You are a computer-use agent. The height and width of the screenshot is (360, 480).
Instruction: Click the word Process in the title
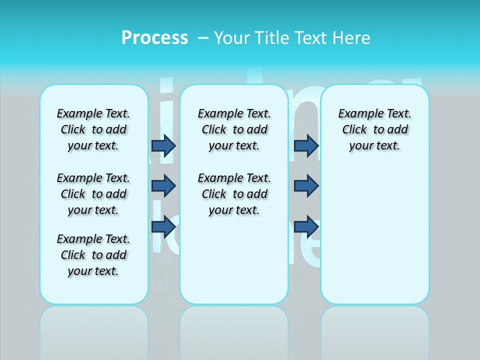(x=154, y=38)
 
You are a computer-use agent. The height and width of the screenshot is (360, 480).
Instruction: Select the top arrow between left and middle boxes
(x=163, y=146)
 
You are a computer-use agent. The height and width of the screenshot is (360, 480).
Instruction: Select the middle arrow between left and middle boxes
(x=163, y=186)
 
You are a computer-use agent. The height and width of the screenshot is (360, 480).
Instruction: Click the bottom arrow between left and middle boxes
(x=163, y=227)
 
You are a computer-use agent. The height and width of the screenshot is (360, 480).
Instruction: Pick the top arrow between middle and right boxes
(x=306, y=146)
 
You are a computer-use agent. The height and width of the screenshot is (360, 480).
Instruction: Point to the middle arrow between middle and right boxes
(x=306, y=186)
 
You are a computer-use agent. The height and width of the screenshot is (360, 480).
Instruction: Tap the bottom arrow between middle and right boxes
(x=306, y=227)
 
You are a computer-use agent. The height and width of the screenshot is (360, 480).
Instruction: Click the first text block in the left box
(x=93, y=130)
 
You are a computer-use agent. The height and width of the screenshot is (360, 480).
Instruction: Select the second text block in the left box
(x=93, y=194)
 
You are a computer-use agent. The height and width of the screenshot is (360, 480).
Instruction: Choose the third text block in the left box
(x=93, y=255)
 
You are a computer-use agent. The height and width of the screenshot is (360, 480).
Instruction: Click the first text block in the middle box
(x=234, y=130)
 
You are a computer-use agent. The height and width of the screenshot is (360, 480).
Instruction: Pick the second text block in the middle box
(x=234, y=194)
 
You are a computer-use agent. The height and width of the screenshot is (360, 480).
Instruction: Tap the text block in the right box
(x=374, y=130)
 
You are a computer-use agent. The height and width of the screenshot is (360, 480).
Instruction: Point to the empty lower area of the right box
(x=374, y=235)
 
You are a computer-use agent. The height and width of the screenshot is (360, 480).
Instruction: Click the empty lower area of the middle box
(x=234, y=260)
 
